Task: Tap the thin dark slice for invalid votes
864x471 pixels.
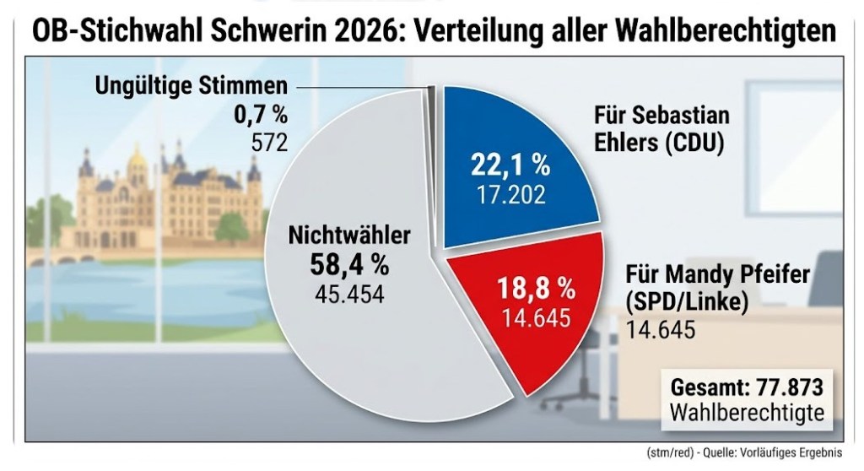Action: (x=432, y=94)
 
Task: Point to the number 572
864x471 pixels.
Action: (x=269, y=141)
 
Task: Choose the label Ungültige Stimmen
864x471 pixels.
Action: (x=191, y=86)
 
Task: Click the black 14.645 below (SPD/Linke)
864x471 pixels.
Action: (x=660, y=329)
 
